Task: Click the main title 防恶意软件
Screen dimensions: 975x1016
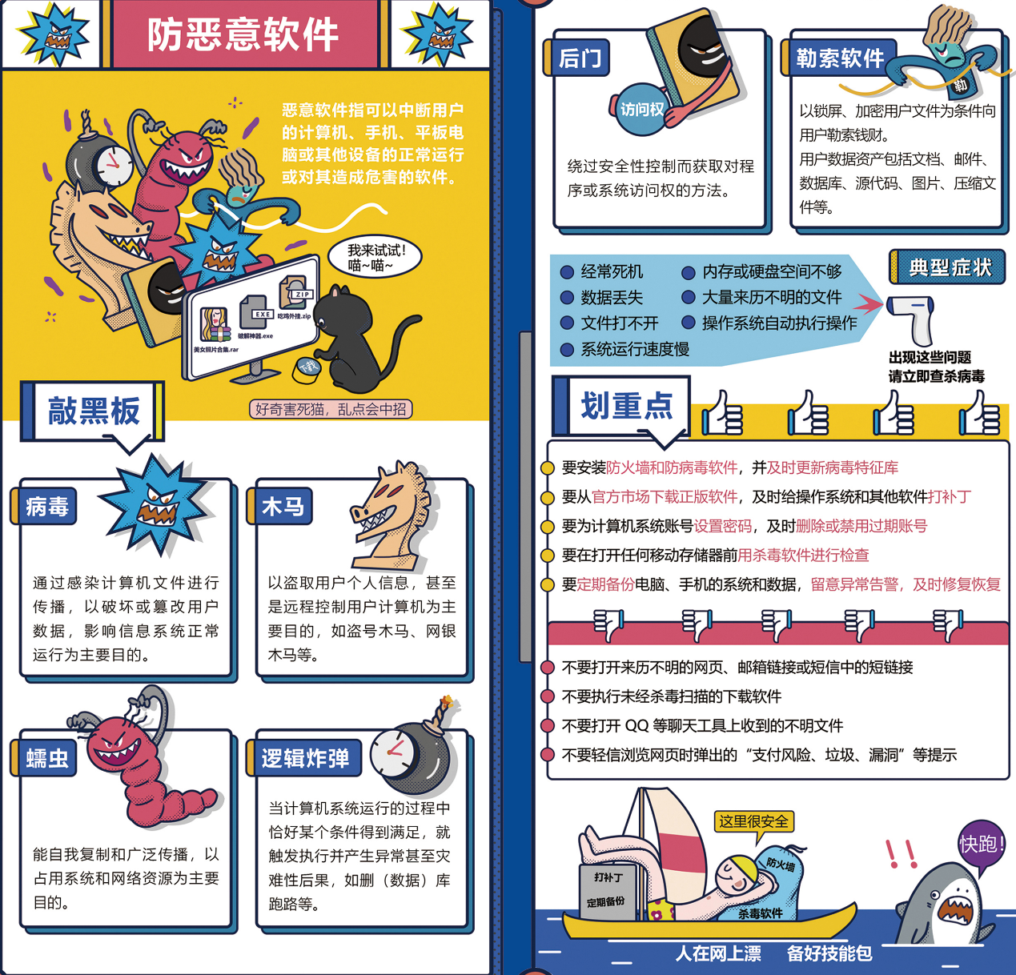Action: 243,35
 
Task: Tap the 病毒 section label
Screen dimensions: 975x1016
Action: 47,507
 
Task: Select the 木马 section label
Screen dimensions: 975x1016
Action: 283,507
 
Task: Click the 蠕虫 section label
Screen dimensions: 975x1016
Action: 47,758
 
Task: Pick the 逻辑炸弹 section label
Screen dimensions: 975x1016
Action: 305,758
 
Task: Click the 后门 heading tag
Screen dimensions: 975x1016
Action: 580,58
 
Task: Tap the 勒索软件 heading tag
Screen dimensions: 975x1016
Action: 839,58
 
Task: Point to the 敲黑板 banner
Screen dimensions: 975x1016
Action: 94,411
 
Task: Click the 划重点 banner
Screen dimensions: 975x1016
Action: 626,406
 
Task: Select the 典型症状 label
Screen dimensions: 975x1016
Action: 950,267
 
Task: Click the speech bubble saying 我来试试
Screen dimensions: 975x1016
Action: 375,257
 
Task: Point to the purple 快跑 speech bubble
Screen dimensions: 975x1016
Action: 982,845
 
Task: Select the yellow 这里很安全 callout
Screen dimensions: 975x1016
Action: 753,821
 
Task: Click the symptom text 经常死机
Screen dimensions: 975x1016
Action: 612,272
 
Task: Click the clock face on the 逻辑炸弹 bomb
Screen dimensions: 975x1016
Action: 392,752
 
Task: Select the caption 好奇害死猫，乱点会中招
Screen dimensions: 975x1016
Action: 331,409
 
